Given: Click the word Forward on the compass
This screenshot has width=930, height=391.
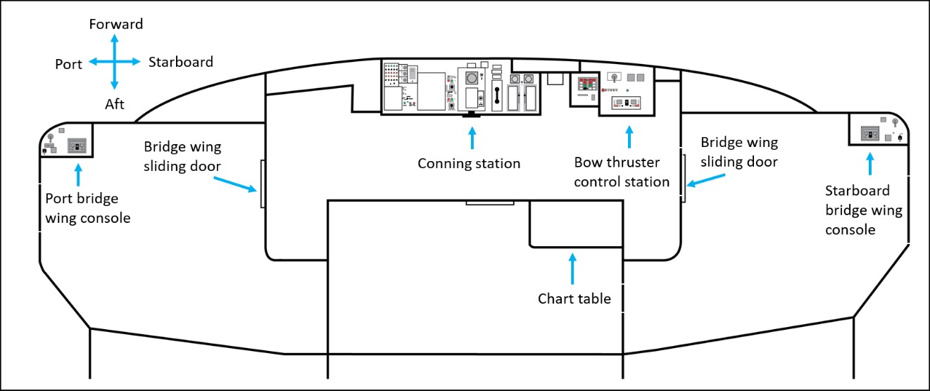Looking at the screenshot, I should click(116, 25).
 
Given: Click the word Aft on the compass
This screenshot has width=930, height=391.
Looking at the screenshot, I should click(114, 104).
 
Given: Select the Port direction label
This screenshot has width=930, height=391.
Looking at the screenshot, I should click(69, 64).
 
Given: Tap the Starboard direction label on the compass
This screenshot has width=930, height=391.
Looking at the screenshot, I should click(181, 62).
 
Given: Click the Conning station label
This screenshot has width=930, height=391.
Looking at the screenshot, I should click(469, 164).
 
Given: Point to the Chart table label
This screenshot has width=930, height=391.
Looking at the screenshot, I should click(574, 299).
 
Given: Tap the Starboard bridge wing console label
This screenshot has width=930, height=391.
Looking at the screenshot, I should click(864, 210).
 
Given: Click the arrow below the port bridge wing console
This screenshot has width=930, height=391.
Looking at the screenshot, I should click(78, 174).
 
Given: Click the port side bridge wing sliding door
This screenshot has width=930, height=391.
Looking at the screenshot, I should click(263, 183).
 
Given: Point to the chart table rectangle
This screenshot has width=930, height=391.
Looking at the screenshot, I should click(576, 223).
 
